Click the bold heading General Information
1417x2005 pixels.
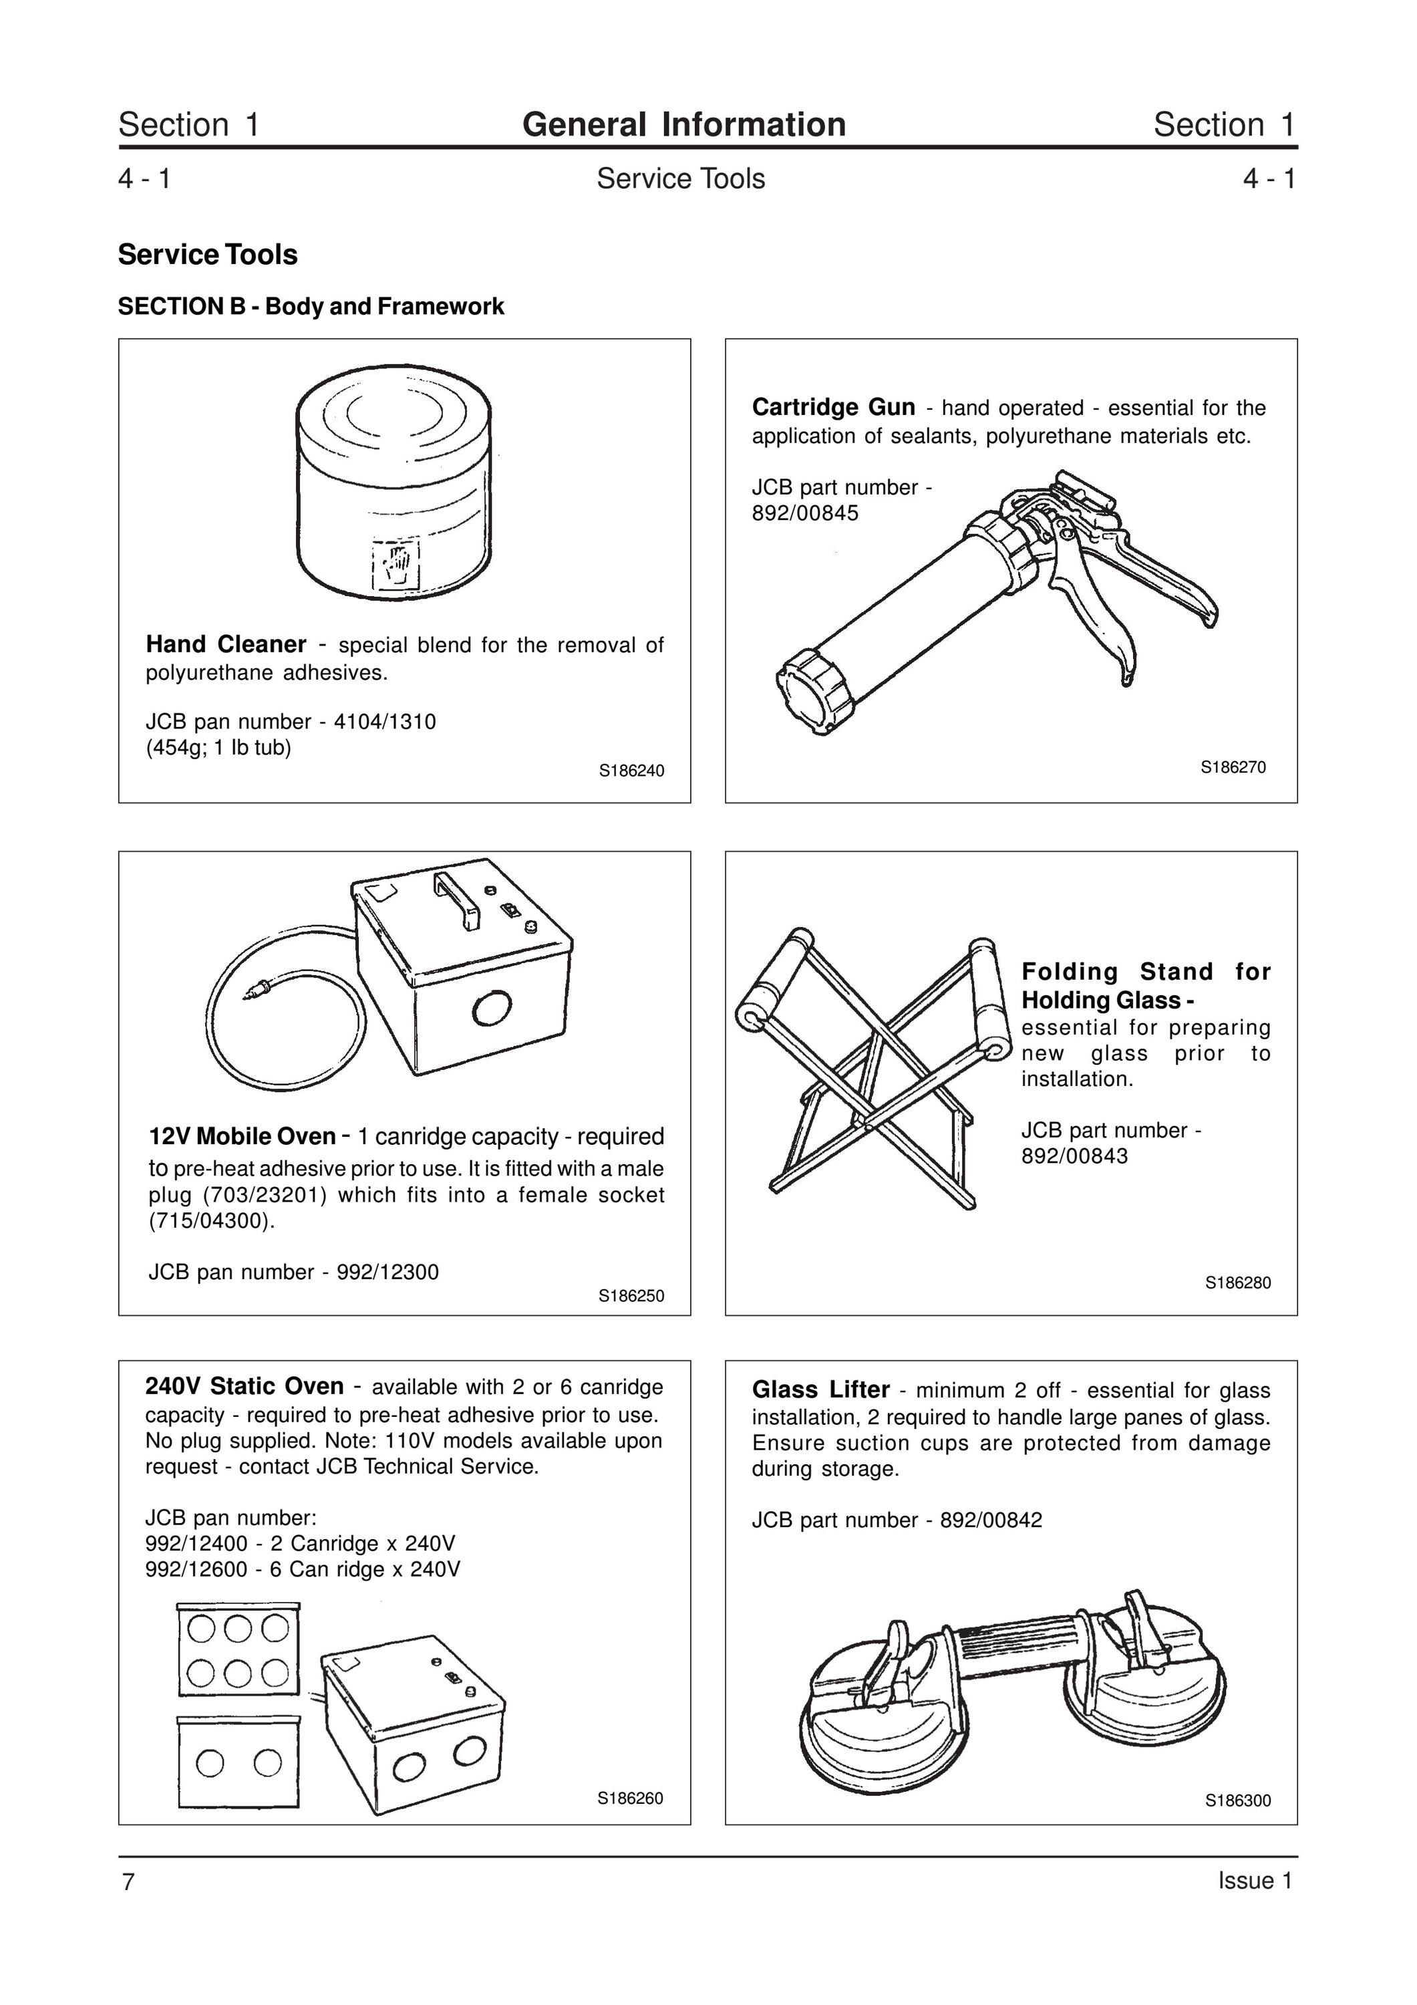pyautogui.click(x=683, y=125)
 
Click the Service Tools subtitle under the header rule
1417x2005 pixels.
pyautogui.click(x=681, y=179)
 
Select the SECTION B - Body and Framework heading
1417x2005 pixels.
pyautogui.click(x=311, y=307)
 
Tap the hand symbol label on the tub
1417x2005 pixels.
pyautogui.click(x=396, y=564)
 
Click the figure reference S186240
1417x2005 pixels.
pyautogui.click(x=631, y=771)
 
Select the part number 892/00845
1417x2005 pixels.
pyautogui.click(x=805, y=513)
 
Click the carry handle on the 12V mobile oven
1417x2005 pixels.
pyautogui.click(x=458, y=900)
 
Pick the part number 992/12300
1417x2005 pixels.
pyautogui.click(x=387, y=1273)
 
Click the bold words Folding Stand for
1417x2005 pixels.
pyautogui.click(x=1146, y=972)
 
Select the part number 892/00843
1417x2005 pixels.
pyautogui.click(x=1075, y=1156)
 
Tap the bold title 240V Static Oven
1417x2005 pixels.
pyautogui.click(x=245, y=1387)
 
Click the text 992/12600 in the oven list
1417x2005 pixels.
pyautogui.click(x=196, y=1569)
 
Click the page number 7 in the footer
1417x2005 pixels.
pyautogui.click(x=128, y=1882)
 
